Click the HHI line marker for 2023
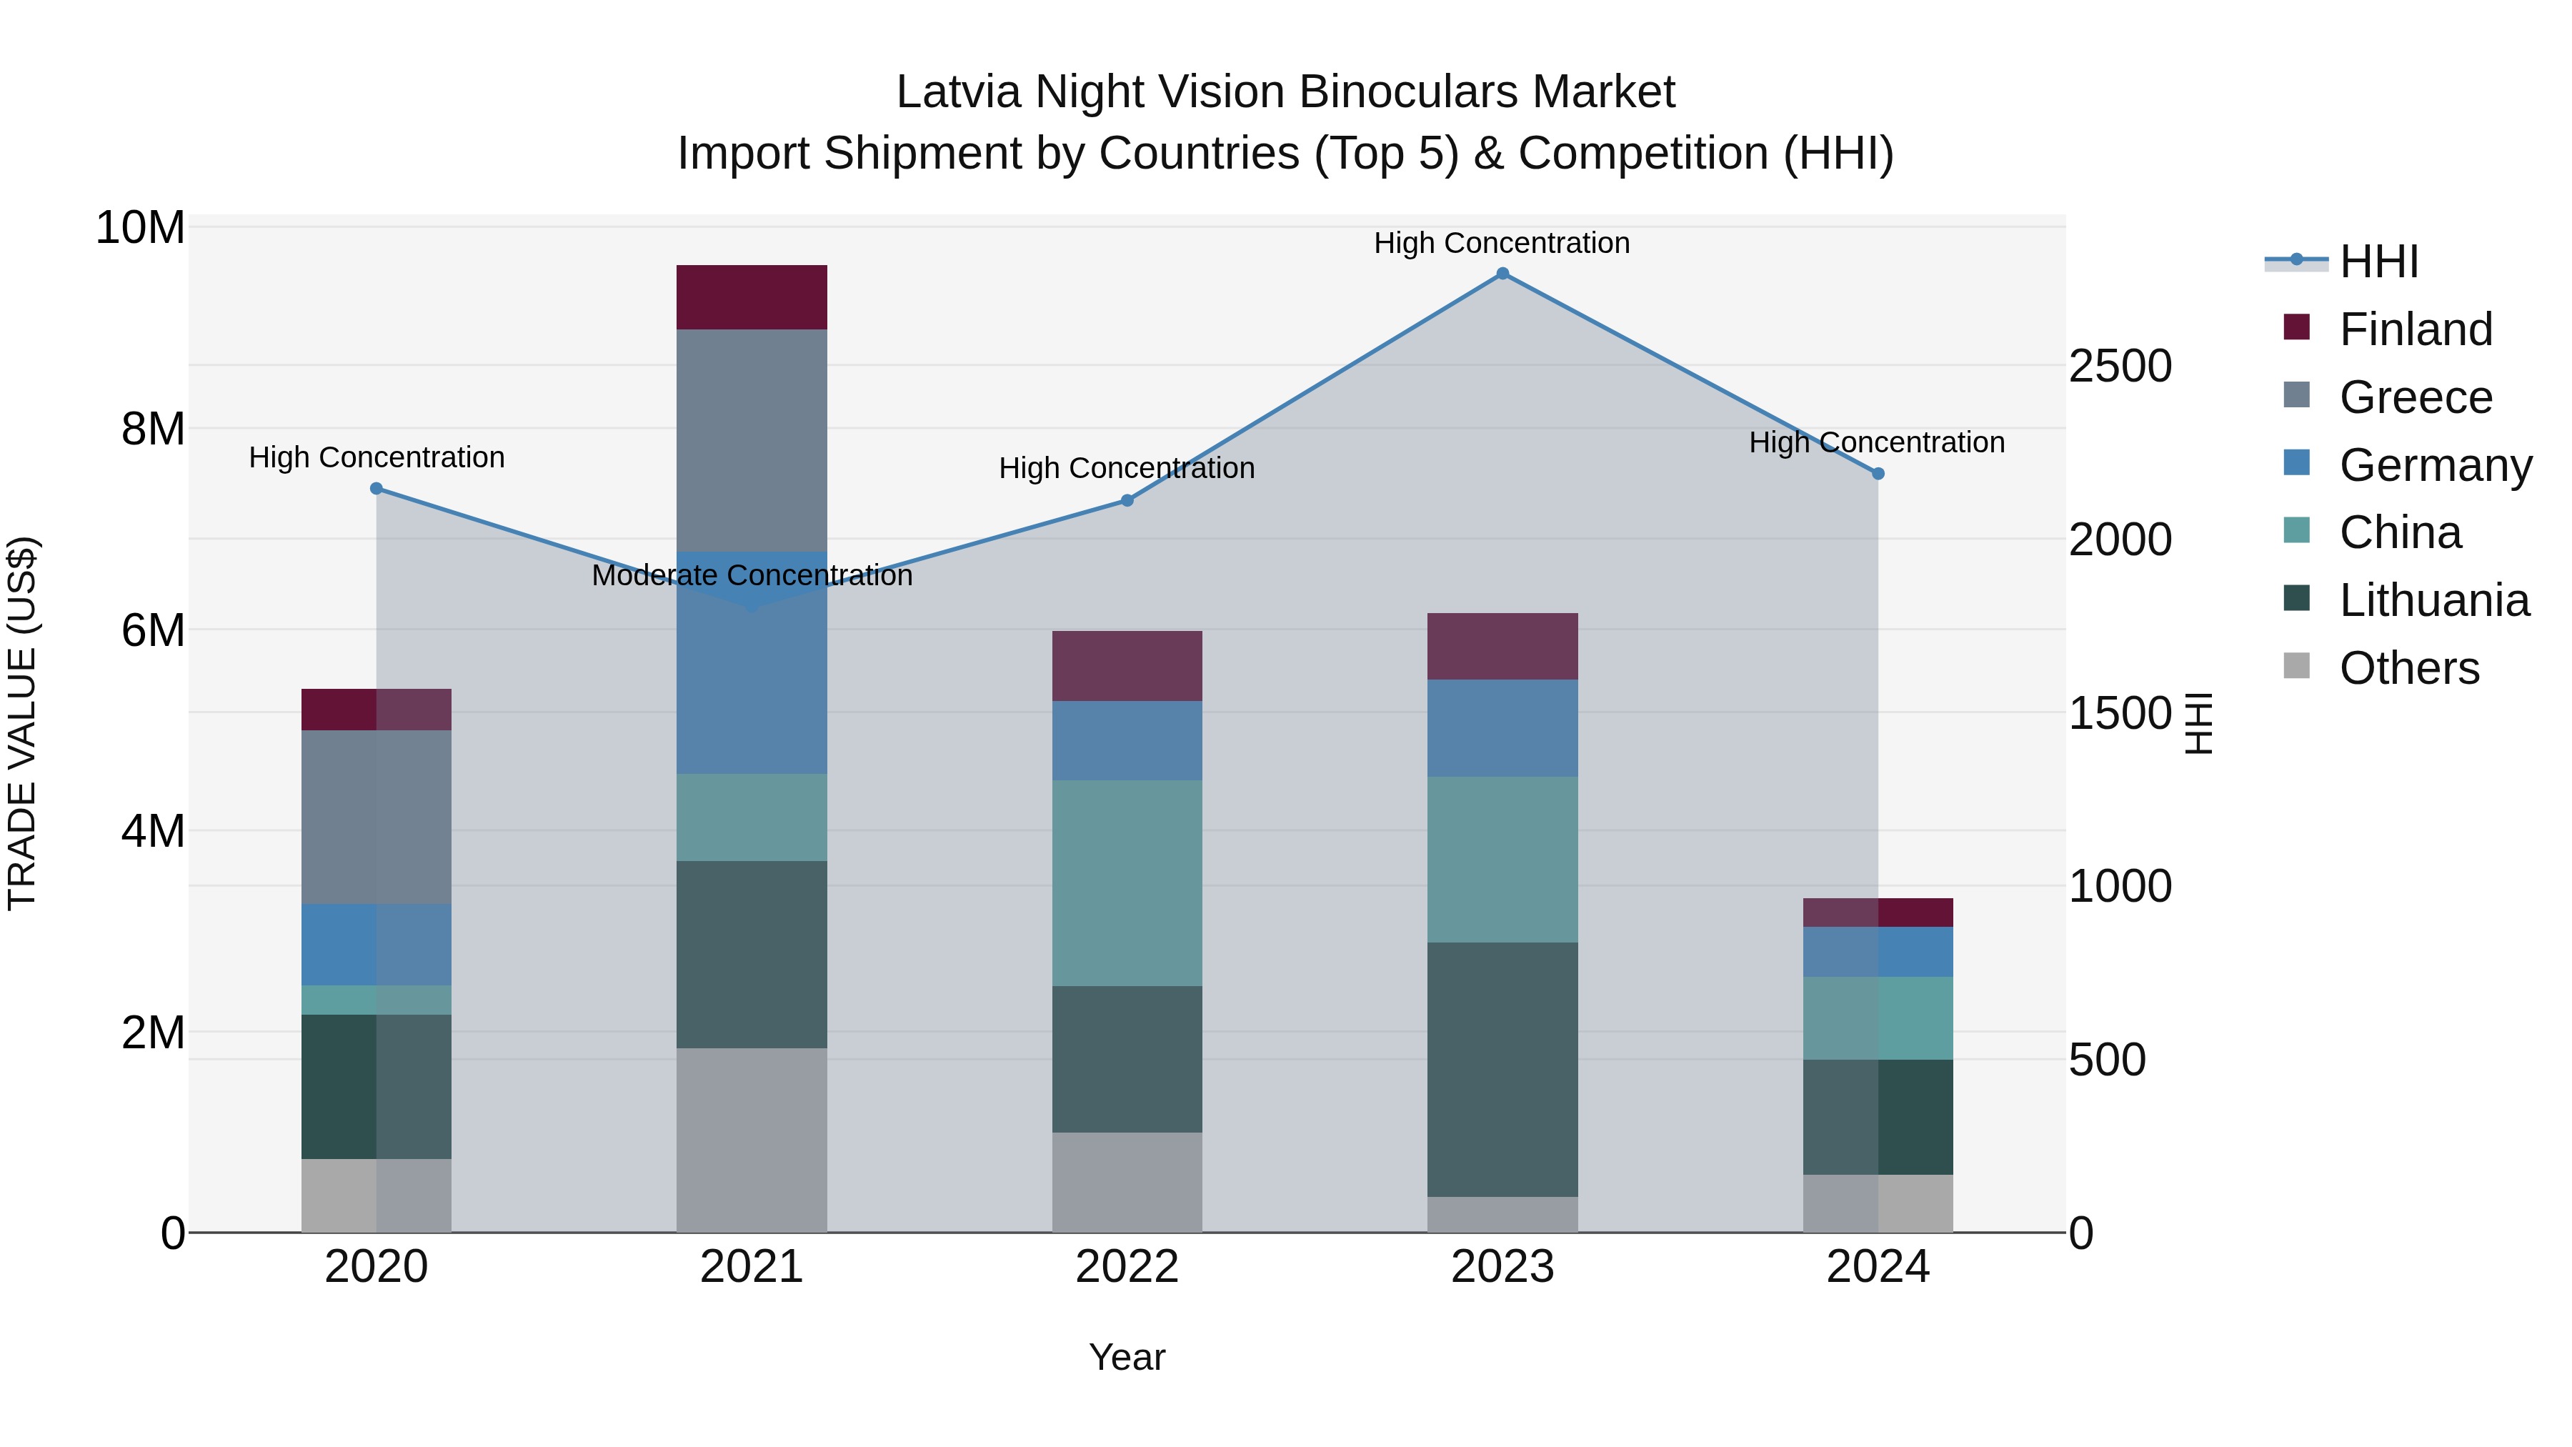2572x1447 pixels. pyautogui.click(x=1502, y=274)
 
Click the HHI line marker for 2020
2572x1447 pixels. pyautogui.click(x=377, y=488)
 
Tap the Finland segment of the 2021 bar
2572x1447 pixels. pyautogui.click(x=752, y=297)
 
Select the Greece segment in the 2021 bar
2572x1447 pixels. pyautogui.click(x=752, y=439)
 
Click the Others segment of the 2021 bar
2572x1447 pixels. pyautogui.click(x=752, y=1140)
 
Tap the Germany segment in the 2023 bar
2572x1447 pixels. pyautogui.click(x=1502, y=728)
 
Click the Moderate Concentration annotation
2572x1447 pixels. pyautogui.click(x=752, y=576)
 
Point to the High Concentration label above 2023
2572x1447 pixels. pyautogui.click(x=1502, y=243)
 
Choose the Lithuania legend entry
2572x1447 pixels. pyautogui.click(x=2433, y=600)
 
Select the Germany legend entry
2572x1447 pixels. pyautogui.click(x=2434, y=465)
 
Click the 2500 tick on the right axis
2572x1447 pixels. pyautogui.click(x=2119, y=367)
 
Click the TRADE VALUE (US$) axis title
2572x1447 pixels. pyautogui.click(x=22, y=723)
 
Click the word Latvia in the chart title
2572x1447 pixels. pyautogui.click(x=959, y=92)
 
